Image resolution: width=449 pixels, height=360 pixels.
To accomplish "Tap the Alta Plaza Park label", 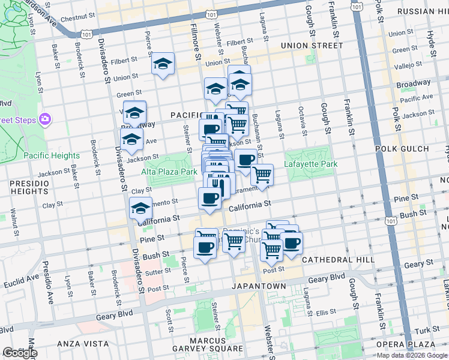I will point(169,172).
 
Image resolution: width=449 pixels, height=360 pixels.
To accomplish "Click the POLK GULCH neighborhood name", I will point(402,149).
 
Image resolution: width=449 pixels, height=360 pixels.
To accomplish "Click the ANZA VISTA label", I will point(80,344).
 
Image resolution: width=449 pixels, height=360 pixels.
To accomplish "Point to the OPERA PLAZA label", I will point(406,344).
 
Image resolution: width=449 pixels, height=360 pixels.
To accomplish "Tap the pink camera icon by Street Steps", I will point(44,119).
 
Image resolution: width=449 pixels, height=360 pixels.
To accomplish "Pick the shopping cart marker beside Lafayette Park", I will point(262,175).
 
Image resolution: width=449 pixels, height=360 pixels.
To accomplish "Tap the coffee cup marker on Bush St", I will point(205,247).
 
